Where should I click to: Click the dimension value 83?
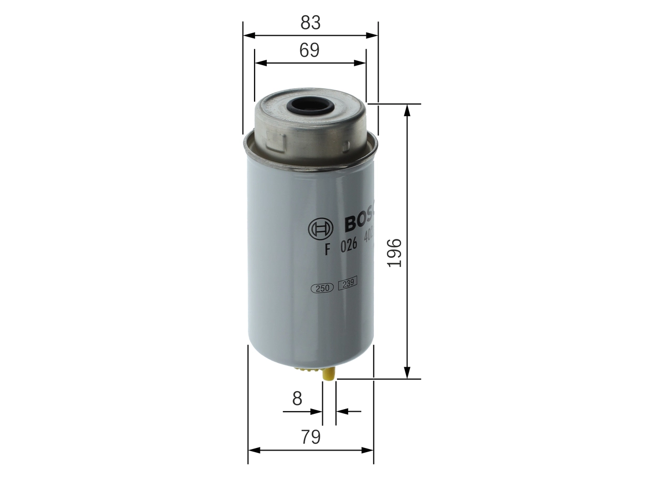[310, 23]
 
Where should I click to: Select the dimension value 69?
[309, 50]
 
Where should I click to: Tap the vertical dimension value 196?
[394, 253]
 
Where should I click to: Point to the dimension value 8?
[297, 399]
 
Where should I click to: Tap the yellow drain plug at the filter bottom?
[328, 374]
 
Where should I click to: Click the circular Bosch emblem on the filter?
[320, 228]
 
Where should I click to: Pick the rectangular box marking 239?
[347, 284]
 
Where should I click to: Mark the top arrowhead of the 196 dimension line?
[407, 109]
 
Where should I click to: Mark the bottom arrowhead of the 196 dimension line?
[407, 373]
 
